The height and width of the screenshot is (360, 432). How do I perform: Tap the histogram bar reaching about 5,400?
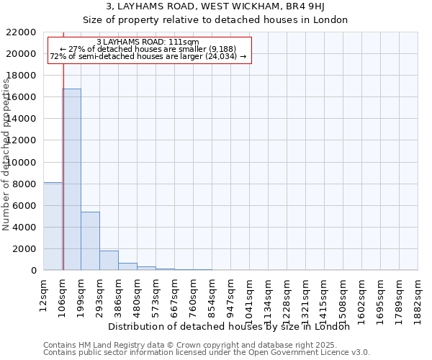tap(90, 241)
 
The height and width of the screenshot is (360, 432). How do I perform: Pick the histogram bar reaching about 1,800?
tap(109, 261)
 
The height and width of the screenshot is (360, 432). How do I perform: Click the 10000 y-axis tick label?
tap(21, 163)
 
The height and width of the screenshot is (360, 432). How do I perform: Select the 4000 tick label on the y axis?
tap(24, 228)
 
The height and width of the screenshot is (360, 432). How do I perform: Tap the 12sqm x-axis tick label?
tap(43, 294)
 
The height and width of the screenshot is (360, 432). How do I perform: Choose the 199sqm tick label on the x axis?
tap(81, 294)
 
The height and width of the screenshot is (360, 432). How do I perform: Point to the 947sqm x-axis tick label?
tap(230, 294)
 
